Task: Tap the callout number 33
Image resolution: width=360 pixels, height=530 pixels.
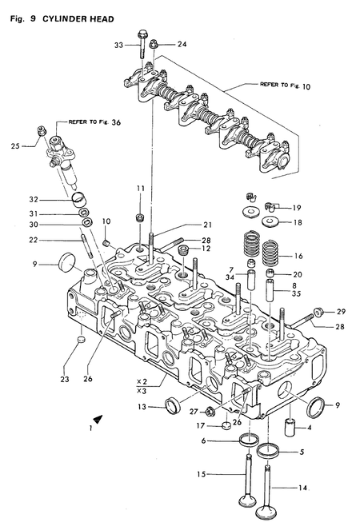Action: click(x=118, y=46)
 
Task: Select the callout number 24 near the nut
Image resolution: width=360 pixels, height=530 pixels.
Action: click(x=181, y=44)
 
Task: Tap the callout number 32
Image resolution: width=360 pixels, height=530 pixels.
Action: click(x=34, y=199)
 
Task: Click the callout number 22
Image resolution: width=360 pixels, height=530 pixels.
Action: click(x=34, y=240)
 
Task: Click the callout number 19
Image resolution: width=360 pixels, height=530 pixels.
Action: click(x=296, y=206)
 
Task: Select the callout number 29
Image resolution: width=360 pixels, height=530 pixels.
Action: click(x=340, y=311)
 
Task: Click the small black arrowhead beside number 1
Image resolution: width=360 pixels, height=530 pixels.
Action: click(x=98, y=418)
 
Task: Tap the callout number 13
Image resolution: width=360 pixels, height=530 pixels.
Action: click(x=142, y=406)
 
